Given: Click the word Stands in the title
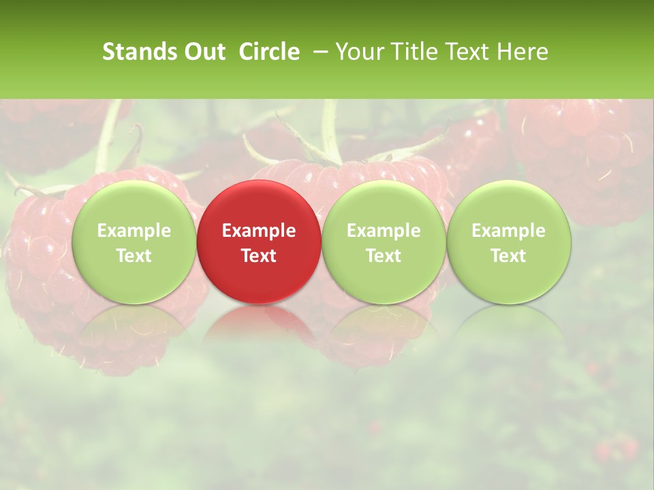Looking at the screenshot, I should point(139,52).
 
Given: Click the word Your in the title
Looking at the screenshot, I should point(358,52).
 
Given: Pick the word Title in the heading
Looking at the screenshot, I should point(409,52).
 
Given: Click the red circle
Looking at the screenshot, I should point(259,272).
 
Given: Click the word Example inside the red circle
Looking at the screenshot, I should point(259,231).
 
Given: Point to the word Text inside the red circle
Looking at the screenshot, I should point(259,256).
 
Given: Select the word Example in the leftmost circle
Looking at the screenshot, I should point(134,231).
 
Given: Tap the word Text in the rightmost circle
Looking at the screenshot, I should point(509,256).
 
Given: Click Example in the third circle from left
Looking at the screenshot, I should point(384,231).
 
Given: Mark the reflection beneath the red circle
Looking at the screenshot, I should point(259,323).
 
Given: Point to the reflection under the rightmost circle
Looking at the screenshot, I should point(509,323).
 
